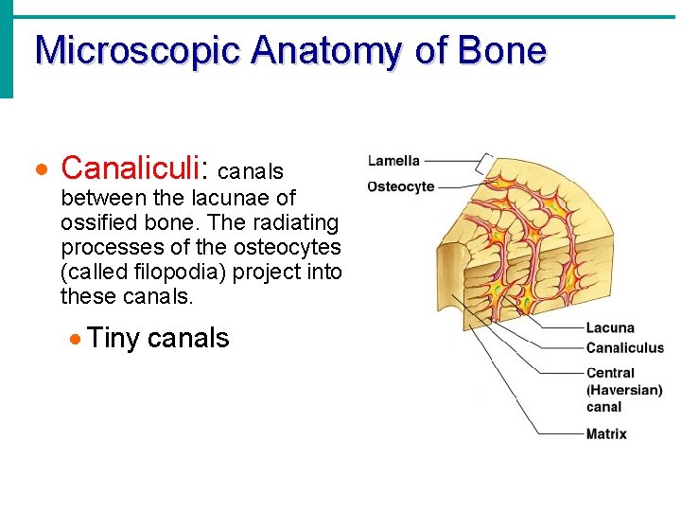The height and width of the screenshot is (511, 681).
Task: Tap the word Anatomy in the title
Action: click(325, 50)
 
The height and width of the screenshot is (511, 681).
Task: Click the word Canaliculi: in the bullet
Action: click(135, 168)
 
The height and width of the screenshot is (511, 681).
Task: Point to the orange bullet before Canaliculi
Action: click(40, 171)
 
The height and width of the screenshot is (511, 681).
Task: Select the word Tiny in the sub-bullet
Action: click(113, 338)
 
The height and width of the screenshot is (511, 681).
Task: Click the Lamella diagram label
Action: click(393, 161)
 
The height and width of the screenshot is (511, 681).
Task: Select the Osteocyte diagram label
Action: click(400, 186)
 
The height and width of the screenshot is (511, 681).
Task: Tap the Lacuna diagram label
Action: click(610, 328)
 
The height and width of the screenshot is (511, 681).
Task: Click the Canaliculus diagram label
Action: click(624, 347)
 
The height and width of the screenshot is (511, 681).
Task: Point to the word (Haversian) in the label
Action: click(624, 390)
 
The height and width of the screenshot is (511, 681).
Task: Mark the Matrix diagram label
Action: click(606, 434)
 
